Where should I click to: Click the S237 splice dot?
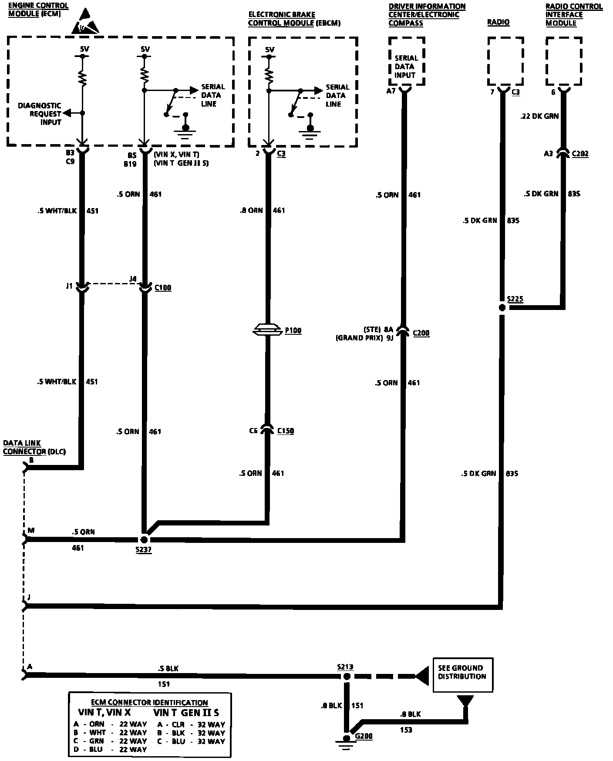pos(145,540)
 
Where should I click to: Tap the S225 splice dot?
pos(502,307)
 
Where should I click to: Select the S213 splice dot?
pos(347,677)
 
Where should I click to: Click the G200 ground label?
pos(364,736)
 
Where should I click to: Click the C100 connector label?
pos(163,288)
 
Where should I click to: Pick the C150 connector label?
pos(285,431)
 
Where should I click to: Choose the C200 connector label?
pos(421,333)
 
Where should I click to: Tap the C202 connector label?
pos(580,154)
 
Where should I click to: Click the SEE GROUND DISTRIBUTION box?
pos(463,674)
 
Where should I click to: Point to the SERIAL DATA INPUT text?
pos(406,67)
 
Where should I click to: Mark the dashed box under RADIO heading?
pos(505,61)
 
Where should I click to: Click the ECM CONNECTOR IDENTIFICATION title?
pos(149,703)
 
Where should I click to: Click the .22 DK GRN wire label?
pos(539,116)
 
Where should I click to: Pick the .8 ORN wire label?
pos(251,210)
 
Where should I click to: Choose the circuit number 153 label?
pos(406,730)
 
